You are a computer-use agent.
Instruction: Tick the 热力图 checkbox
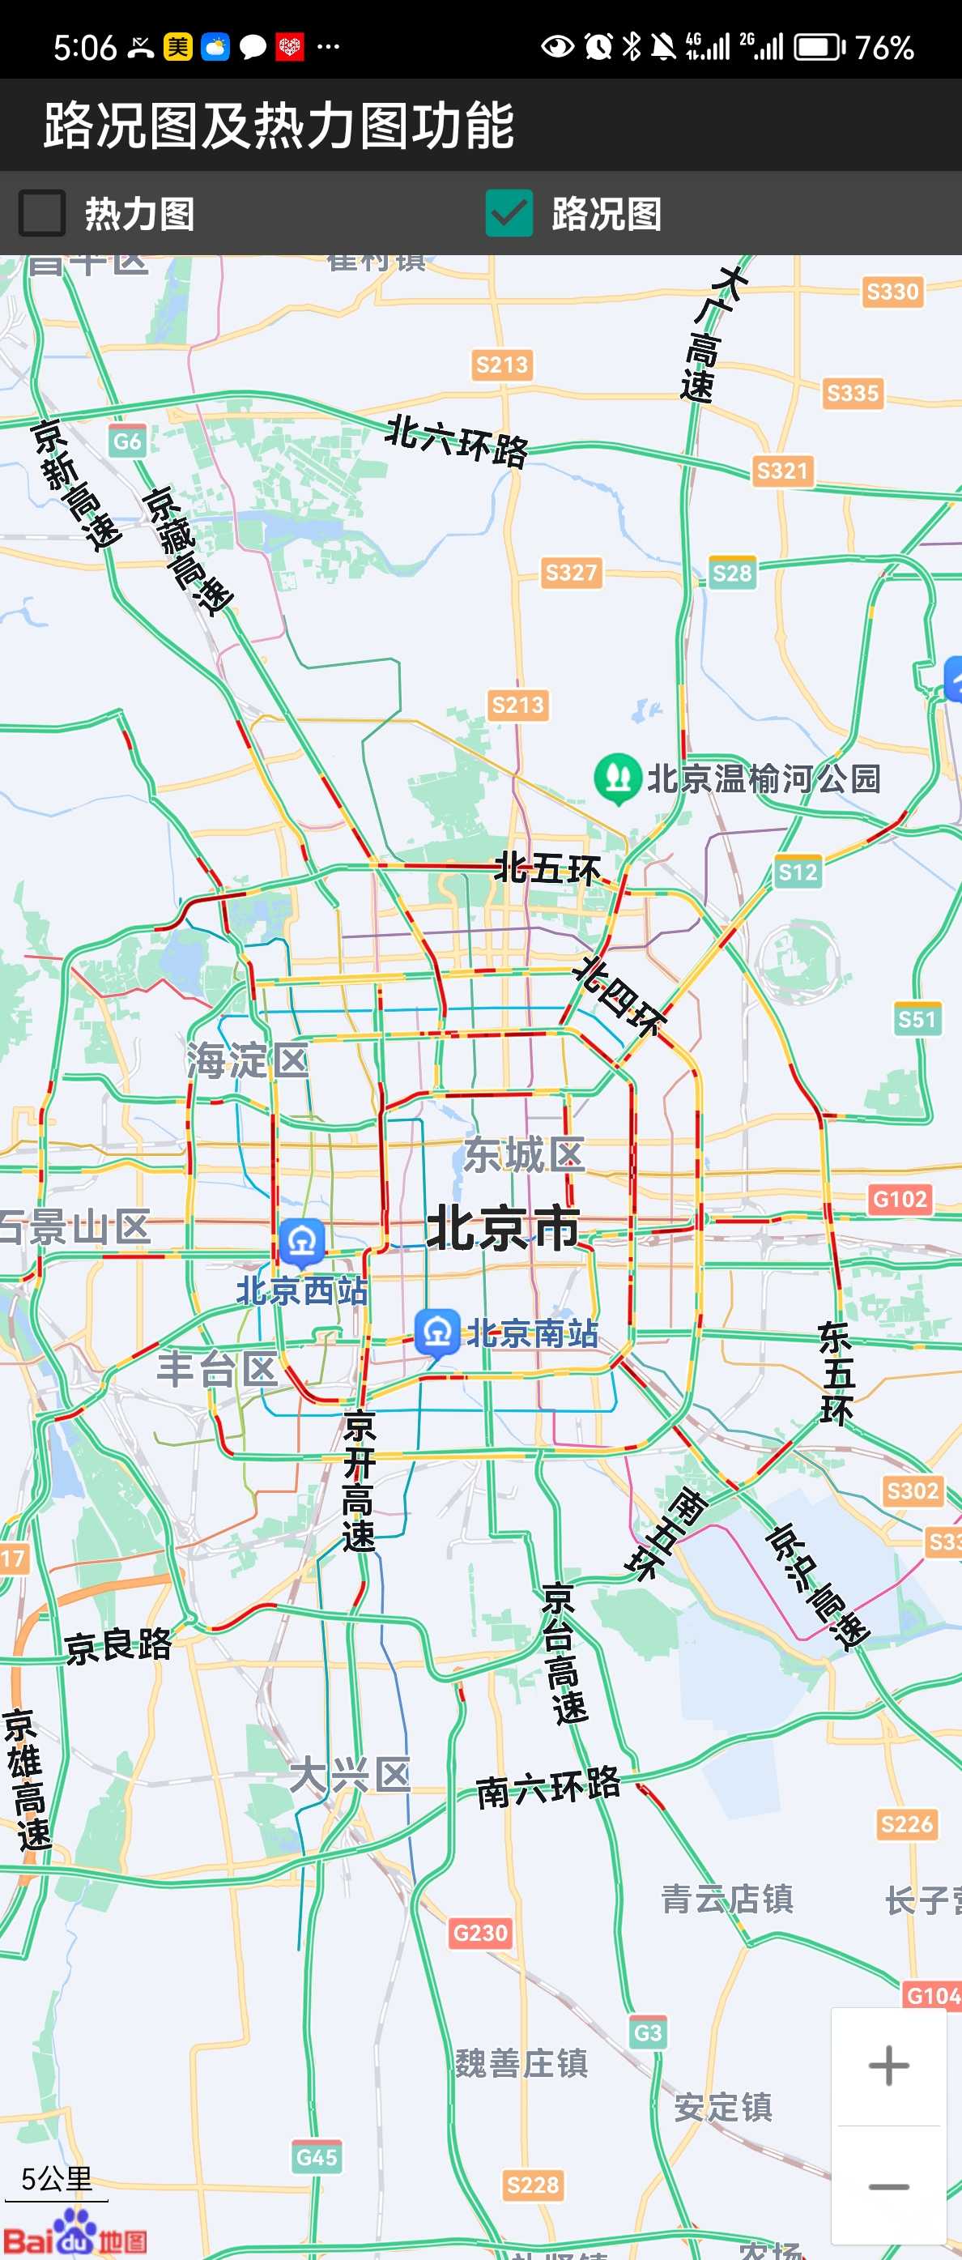click(42, 213)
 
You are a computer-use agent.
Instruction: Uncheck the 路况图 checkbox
click(509, 213)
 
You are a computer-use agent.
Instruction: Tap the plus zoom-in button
click(888, 2066)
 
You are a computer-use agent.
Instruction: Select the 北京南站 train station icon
click(436, 1333)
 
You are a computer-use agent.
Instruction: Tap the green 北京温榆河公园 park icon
click(617, 778)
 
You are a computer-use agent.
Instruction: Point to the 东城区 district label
click(524, 1154)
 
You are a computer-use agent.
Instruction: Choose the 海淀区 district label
click(247, 1060)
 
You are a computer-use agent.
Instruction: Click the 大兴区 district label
click(349, 1775)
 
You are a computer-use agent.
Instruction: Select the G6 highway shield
click(127, 441)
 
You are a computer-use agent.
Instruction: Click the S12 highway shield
click(797, 872)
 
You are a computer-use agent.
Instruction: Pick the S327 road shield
click(571, 573)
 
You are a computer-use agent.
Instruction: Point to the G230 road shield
click(479, 1932)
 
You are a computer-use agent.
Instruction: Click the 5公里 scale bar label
click(56, 2178)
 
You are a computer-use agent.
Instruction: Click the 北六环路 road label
click(457, 441)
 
